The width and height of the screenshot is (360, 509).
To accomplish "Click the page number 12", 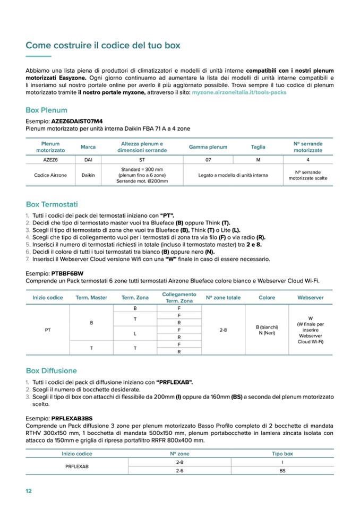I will tap(29, 490).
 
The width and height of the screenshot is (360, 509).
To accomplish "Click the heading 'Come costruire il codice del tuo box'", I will tap(103, 46).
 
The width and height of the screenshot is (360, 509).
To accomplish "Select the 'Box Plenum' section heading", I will tap(47, 110).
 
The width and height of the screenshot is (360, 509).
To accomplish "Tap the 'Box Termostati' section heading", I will tap(52, 204).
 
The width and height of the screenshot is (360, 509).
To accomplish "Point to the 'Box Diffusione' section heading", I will tap(52, 370).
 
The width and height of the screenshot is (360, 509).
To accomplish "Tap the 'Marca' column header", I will tap(88, 147).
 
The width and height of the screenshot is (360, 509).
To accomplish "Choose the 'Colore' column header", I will tap(267, 298).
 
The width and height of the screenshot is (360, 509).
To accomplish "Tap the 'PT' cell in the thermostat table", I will tap(48, 330).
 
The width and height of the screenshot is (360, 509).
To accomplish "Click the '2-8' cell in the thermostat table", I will tap(223, 330).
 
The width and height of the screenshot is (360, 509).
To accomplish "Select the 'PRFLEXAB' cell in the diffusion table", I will tap(76, 467).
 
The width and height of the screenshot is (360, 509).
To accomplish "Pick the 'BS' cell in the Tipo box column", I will tap(282, 470).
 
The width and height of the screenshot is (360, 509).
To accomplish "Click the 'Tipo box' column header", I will tap(282, 454).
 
